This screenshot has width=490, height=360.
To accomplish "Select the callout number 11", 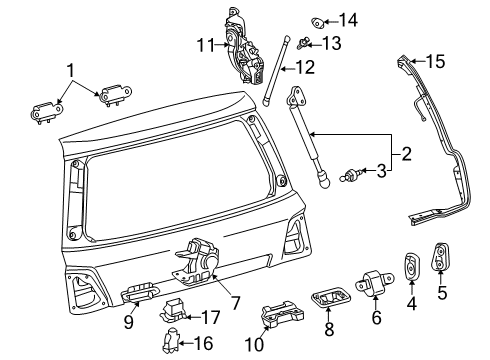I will pos(204,44).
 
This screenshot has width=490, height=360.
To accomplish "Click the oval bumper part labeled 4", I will pos(410,267).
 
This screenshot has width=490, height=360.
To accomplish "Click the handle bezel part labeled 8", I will pos(329,299).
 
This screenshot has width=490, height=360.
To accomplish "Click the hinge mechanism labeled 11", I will pos(240,45).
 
